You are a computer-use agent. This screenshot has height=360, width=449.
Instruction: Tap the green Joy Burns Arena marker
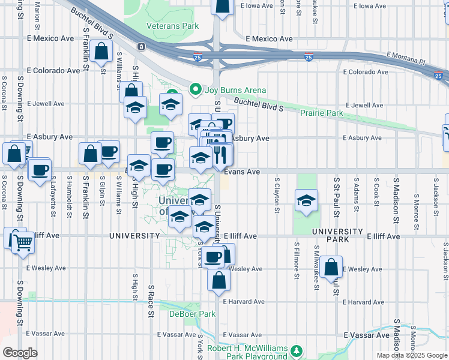point(195,90)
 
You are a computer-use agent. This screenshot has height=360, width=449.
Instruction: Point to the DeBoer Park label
point(191,314)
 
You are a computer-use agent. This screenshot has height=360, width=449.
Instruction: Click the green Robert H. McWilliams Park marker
point(295,350)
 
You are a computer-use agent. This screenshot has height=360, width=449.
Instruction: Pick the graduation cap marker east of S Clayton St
point(306,201)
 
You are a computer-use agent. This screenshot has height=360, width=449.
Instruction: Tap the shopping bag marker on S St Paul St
point(331,267)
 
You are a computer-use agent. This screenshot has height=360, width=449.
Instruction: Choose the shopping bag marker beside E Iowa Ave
point(223,6)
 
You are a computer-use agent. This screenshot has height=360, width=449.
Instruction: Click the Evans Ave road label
point(242,172)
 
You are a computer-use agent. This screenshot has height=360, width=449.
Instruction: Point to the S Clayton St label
point(277,195)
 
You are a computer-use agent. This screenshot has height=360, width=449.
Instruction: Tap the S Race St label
point(151,301)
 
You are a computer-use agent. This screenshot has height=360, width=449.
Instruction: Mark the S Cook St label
point(376,192)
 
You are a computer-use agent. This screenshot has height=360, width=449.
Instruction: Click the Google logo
point(20,353)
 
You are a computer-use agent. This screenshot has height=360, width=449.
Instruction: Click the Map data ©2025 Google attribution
point(411,355)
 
